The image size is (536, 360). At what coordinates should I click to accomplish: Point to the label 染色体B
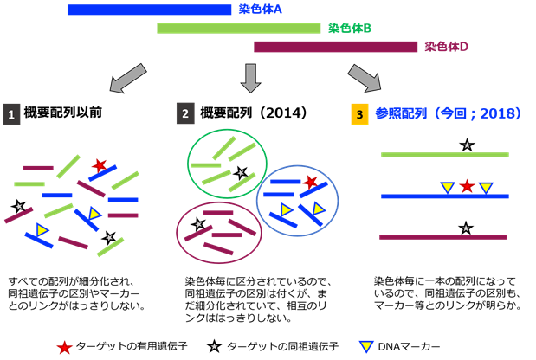point(351,29)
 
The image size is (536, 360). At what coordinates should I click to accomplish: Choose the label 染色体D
point(447,47)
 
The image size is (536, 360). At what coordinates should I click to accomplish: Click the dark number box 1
point(11,114)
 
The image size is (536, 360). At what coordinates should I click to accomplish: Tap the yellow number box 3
point(359,114)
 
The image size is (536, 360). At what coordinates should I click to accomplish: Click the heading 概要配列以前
point(63,113)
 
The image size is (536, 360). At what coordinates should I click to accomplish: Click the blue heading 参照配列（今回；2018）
point(442,113)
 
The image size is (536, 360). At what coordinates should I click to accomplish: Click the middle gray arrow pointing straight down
point(250,78)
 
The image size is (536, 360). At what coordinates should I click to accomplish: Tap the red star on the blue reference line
point(467,185)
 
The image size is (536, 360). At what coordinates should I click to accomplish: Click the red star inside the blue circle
point(311,183)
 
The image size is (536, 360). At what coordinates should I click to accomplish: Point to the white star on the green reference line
point(467,145)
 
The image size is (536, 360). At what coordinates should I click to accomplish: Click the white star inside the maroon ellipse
point(198,224)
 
